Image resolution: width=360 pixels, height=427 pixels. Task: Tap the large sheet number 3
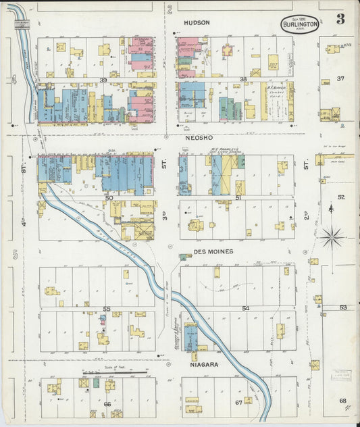(340, 19)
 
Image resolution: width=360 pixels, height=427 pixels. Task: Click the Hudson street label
(197, 22)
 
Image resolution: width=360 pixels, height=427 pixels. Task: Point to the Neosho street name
(198, 136)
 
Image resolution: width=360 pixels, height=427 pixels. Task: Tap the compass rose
(332, 237)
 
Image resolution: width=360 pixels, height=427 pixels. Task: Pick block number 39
(103, 80)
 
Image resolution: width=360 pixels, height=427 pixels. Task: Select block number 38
(243, 80)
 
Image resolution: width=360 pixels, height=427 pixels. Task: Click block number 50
(108, 197)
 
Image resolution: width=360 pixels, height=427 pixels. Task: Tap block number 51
(238, 197)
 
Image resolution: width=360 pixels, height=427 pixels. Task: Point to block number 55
(106, 309)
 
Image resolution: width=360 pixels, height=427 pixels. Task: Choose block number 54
(245, 308)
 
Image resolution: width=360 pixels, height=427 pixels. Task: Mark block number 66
(107, 403)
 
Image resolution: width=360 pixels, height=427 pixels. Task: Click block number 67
(238, 403)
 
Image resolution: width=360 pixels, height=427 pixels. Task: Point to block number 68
(342, 401)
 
